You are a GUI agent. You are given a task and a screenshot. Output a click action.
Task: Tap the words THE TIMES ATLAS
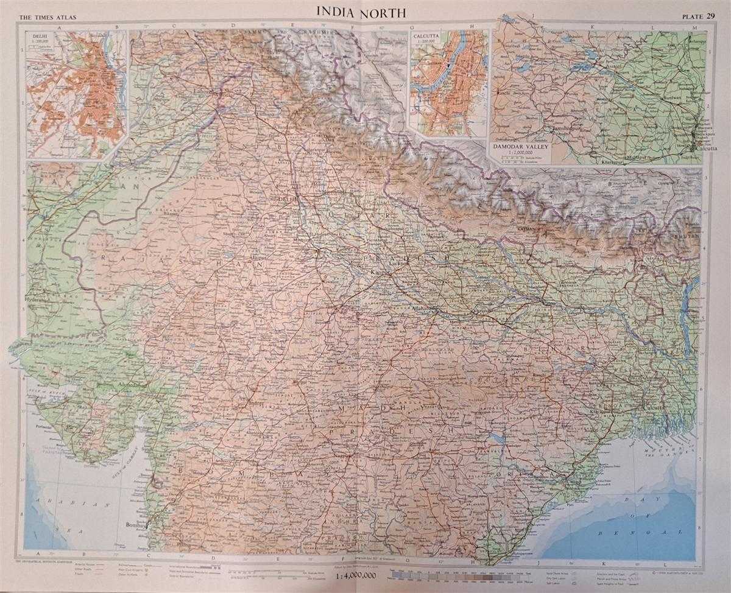43,18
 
